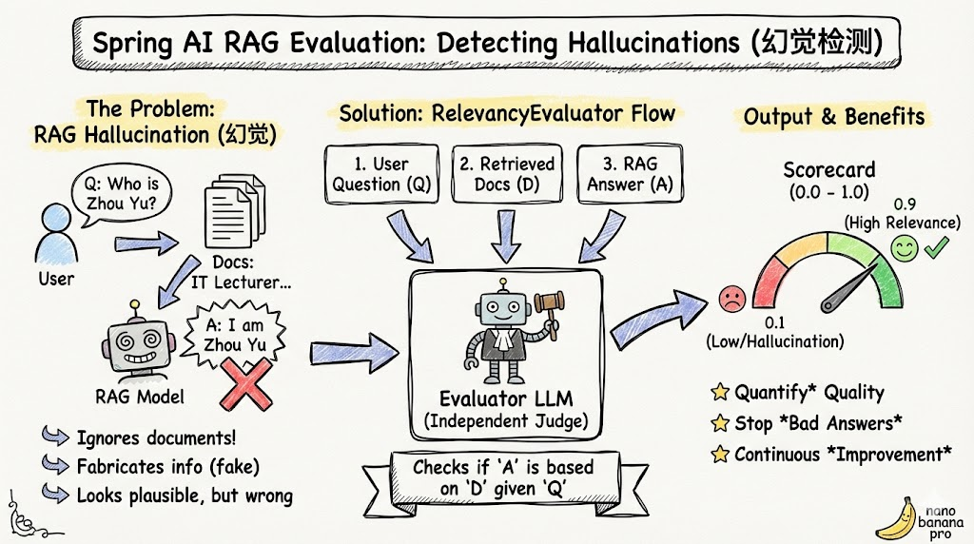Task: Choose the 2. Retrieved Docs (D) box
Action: coord(505,174)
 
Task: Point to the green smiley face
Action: coord(903,249)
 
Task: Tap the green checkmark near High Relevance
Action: coord(936,249)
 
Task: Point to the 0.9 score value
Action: coord(903,204)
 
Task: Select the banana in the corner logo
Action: coord(894,520)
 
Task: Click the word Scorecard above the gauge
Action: coord(828,171)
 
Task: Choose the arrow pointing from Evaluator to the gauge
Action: coord(658,316)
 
